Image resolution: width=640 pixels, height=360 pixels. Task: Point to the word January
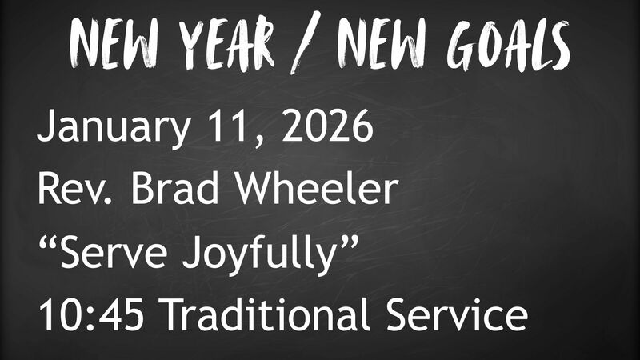pos(104,128)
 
